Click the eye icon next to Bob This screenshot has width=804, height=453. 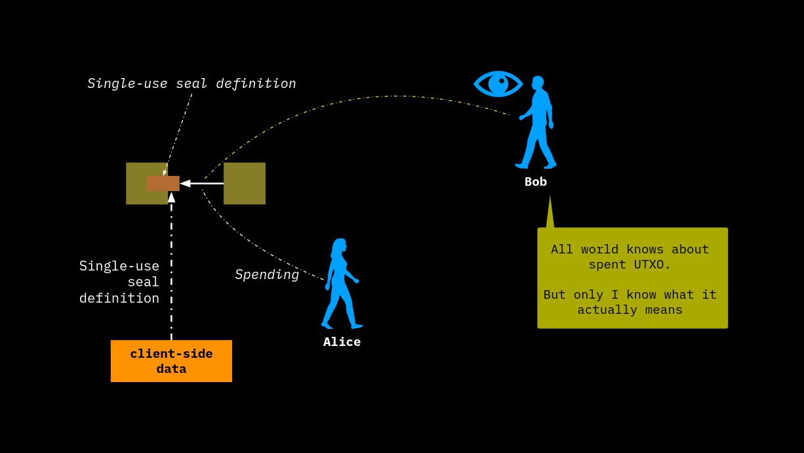click(x=498, y=83)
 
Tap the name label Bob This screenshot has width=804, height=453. click(x=535, y=182)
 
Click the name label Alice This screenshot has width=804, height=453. click(x=342, y=342)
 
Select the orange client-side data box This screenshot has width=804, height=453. click(x=171, y=361)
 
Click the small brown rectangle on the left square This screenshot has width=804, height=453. click(x=163, y=183)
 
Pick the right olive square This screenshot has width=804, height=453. click(x=245, y=183)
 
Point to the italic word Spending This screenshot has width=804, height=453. click(x=267, y=275)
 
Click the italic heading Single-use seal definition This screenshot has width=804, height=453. click(x=191, y=83)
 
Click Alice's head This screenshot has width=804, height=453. click(x=340, y=246)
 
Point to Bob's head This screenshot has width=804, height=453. click(x=538, y=82)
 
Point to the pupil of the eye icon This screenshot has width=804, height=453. click(x=501, y=81)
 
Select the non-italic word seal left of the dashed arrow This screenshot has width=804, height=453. click(x=143, y=282)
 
